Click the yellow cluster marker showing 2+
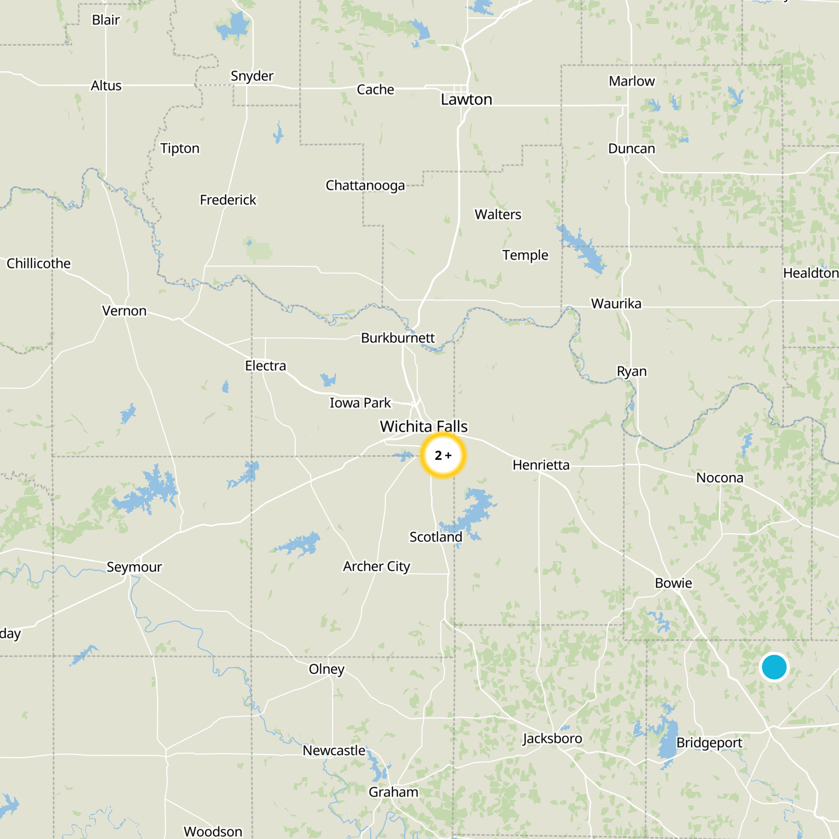(x=443, y=455)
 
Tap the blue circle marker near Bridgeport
(x=774, y=667)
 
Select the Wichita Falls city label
(x=424, y=426)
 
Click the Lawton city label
(x=466, y=100)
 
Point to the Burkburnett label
(x=398, y=338)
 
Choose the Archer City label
(x=377, y=566)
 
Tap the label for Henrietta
(x=541, y=465)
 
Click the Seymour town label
(x=134, y=567)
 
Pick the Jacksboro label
(x=552, y=738)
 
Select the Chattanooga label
(x=365, y=186)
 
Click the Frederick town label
(x=228, y=200)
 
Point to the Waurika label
(x=616, y=304)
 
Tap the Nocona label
(x=719, y=478)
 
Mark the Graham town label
(x=393, y=792)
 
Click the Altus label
(x=106, y=85)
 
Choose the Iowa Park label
(x=360, y=403)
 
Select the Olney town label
(x=326, y=669)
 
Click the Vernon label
(x=124, y=311)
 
